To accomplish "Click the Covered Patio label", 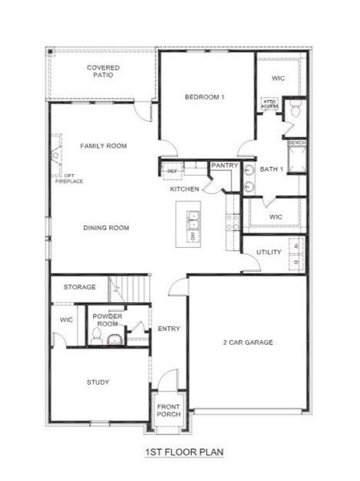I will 103,72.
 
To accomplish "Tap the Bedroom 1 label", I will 204,97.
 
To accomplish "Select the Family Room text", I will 104,146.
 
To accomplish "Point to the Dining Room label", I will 106,228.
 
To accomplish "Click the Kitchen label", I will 184,189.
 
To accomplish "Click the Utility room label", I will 269,253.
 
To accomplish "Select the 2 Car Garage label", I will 248,342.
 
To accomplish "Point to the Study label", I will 98,382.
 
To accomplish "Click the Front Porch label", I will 168,410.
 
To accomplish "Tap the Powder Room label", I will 106,320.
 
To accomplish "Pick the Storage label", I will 80,287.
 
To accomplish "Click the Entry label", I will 168,329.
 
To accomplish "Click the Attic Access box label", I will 269,104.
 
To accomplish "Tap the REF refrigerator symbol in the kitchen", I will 172,171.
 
